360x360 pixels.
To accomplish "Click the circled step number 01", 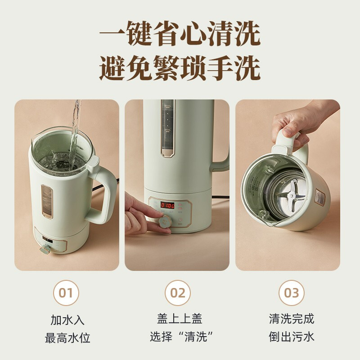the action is [x=66, y=293].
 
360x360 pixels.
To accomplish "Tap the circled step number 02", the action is [x=178, y=293].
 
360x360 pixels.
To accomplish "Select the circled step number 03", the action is [x=291, y=293].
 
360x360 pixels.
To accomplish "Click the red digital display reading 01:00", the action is [x=167, y=205].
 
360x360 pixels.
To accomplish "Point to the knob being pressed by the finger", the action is [x=164, y=221].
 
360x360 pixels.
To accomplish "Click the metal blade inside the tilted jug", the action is [x=292, y=195].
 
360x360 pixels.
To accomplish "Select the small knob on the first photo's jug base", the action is [x=45, y=249].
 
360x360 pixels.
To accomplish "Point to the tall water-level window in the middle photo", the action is [x=167, y=129].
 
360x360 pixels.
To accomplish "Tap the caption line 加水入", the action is [x=67, y=320].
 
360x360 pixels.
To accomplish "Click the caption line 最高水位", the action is [x=67, y=338].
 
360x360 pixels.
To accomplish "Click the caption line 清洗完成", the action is [x=291, y=319].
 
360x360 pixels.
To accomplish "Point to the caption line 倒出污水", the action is [x=291, y=337].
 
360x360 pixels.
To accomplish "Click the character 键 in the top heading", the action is [x=139, y=33].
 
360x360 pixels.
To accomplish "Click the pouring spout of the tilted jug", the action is [x=264, y=216].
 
